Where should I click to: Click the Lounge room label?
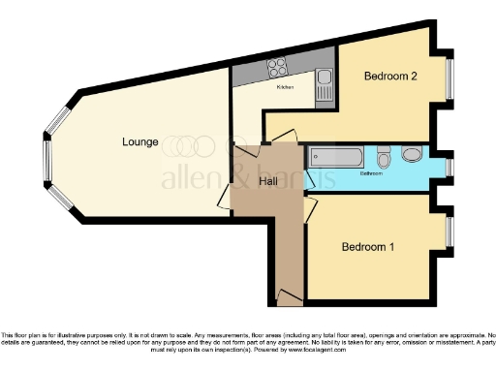point(140,142)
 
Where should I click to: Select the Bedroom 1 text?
point(367,247)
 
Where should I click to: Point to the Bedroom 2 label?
point(390,76)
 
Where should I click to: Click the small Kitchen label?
point(285,88)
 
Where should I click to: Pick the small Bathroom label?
point(372,175)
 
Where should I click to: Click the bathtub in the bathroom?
point(335,157)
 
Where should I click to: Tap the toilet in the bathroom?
point(385,157)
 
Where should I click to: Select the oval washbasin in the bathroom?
point(412,155)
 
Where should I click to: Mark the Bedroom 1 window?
point(449,232)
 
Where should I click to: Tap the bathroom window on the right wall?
point(449,166)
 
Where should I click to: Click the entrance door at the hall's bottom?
point(288,294)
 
